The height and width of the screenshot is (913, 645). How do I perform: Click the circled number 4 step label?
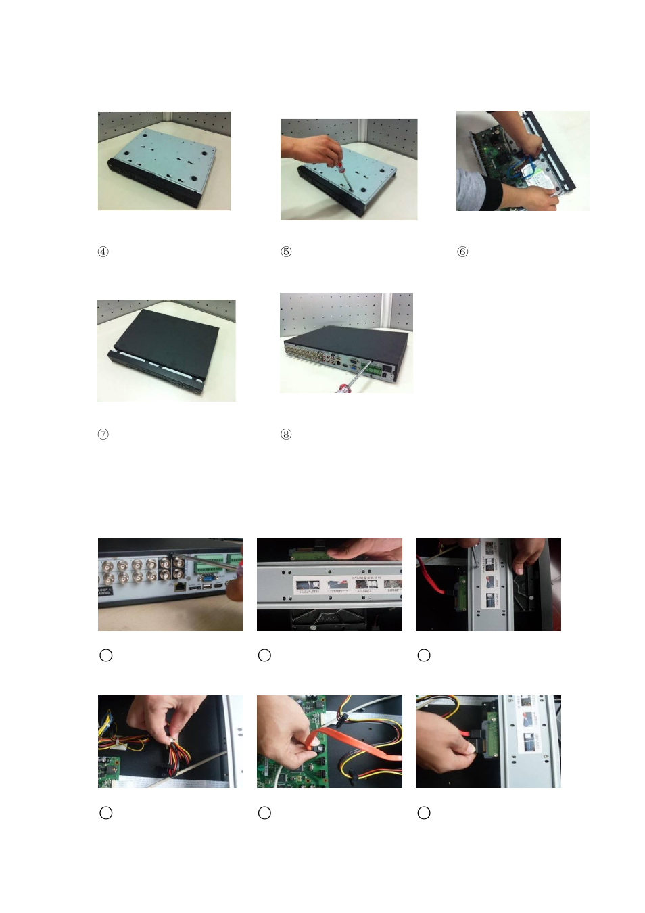[103, 252]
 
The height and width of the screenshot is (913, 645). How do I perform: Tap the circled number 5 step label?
[286, 252]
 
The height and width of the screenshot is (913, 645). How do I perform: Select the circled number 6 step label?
[462, 252]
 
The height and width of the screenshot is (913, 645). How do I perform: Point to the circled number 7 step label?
[103, 434]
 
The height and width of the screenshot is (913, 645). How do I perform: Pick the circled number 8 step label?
[286, 434]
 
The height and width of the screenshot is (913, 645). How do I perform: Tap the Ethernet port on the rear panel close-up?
[179, 586]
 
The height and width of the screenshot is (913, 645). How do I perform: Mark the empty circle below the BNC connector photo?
[106, 655]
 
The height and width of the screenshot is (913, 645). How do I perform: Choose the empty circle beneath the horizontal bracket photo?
[265, 655]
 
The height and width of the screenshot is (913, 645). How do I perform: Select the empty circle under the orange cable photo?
[265, 813]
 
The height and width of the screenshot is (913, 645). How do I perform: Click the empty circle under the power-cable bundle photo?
[106, 813]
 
